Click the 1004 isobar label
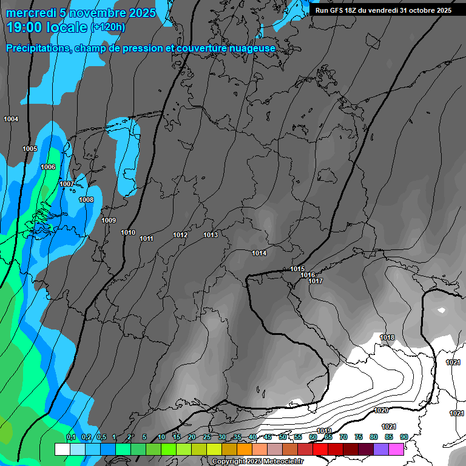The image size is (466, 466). pyautogui.click(x=11, y=119)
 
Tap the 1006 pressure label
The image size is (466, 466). pyautogui.click(x=48, y=167)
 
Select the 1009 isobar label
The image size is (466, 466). pyautogui.click(x=109, y=220)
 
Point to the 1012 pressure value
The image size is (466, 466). pyautogui.click(x=180, y=235)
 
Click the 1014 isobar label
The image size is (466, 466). pyautogui.click(x=259, y=252)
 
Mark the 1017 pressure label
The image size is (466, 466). pyautogui.click(x=315, y=281)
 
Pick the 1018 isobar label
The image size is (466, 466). pyautogui.click(x=387, y=337)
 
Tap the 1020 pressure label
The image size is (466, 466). pyautogui.click(x=381, y=410)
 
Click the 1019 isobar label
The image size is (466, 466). pyautogui.click(x=325, y=431)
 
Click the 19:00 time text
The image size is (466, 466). pyautogui.click(x=27, y=27)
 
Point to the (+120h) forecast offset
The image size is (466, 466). pyautogui.click(x=108, y=27)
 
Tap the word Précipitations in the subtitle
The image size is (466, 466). pyautogui.click(x=36, y=48)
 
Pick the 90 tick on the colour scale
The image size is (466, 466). pyautogui.click(x=404, y=437)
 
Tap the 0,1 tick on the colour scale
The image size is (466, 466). pyautogui.click(x=70, y=437)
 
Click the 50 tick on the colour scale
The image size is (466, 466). pyautogui.click(x=283, y=437)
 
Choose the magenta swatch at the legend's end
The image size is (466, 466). pyautogui.click(x=396, y=449)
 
